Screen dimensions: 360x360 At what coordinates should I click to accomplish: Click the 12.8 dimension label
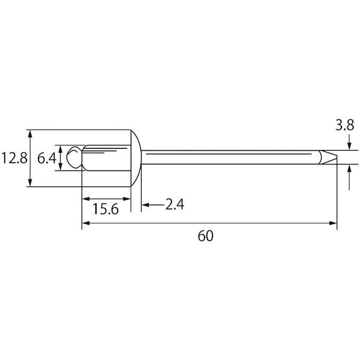pyautogui.click(x=14, y=158)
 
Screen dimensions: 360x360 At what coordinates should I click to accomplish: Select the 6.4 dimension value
pyautogui.click(x=47, y=158)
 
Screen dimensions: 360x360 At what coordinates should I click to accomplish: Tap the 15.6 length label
pyautogui.click(x=106, y=209)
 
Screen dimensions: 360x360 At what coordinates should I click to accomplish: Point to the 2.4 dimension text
pyautogui.click(x=175, y=205)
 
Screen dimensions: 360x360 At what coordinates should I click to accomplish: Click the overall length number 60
pyautogui.click(x=205, y=236)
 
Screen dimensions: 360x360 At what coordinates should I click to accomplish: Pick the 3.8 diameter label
pyautogui.click(x=345, y=125)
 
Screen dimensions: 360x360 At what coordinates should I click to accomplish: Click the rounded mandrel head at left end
pyautogui.click(x=74, y=157)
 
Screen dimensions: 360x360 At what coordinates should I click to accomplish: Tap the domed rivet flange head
pyautogui.click(x=136, y=158)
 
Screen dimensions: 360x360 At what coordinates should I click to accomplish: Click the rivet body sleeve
pyautogui.click(x=106, y=158)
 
